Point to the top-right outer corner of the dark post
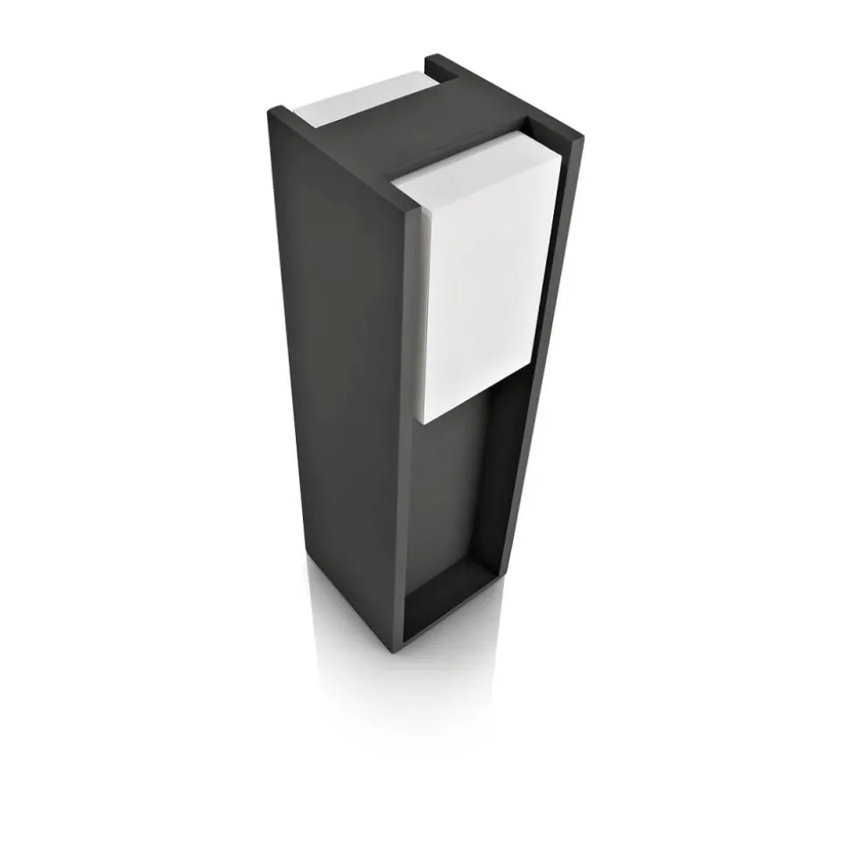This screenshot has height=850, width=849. (x=580, y=137)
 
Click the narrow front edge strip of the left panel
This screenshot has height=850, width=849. (x=411, y=438)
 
